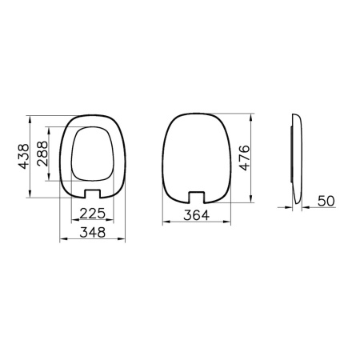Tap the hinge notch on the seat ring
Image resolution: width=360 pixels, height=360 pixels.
pos(94,193)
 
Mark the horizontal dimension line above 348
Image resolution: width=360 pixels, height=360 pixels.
pos(94,240)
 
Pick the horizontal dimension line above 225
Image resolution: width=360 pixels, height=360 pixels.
pos(94,222)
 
